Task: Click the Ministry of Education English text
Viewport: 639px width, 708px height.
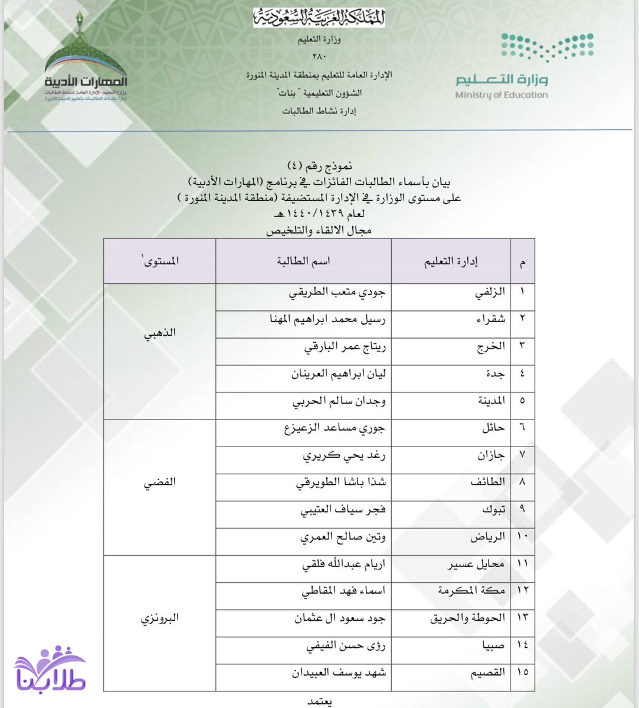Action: (x=501, y=95)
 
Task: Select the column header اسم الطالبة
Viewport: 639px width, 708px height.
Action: (x=303, y=261)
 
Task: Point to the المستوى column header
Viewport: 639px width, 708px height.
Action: (x=160, y=261)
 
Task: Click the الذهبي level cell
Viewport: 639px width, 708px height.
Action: (x=160, y=333)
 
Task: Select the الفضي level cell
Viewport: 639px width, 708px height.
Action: (x=160, y=482)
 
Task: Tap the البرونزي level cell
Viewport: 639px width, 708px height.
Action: (x=160, y=618)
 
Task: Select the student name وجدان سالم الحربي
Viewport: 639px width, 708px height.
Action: (x=339, y=402)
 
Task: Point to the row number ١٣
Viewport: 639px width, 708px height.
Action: (x=523, y=618)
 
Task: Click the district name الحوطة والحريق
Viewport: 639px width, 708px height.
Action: (x=467, y=618)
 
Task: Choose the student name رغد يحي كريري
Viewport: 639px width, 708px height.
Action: (x=344, y=455)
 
